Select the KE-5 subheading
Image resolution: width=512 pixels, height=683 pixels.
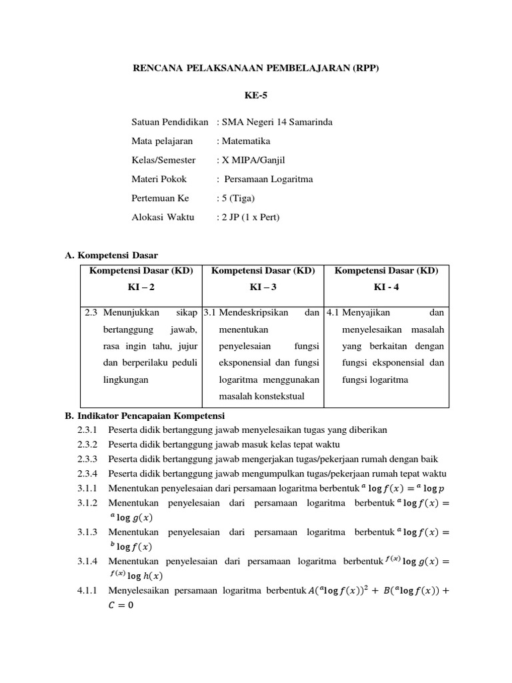pos(256,96)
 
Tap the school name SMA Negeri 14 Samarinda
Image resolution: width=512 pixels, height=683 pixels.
pos(274,122)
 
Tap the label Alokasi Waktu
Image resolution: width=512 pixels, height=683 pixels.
pos(163,217)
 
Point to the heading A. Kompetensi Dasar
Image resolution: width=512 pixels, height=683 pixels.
pos(111,255)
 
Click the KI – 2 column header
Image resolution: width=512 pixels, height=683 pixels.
pos(141,288)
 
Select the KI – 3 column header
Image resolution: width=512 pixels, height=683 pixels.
pos(263,288)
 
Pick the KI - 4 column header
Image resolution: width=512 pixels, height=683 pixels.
pos(386,288)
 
